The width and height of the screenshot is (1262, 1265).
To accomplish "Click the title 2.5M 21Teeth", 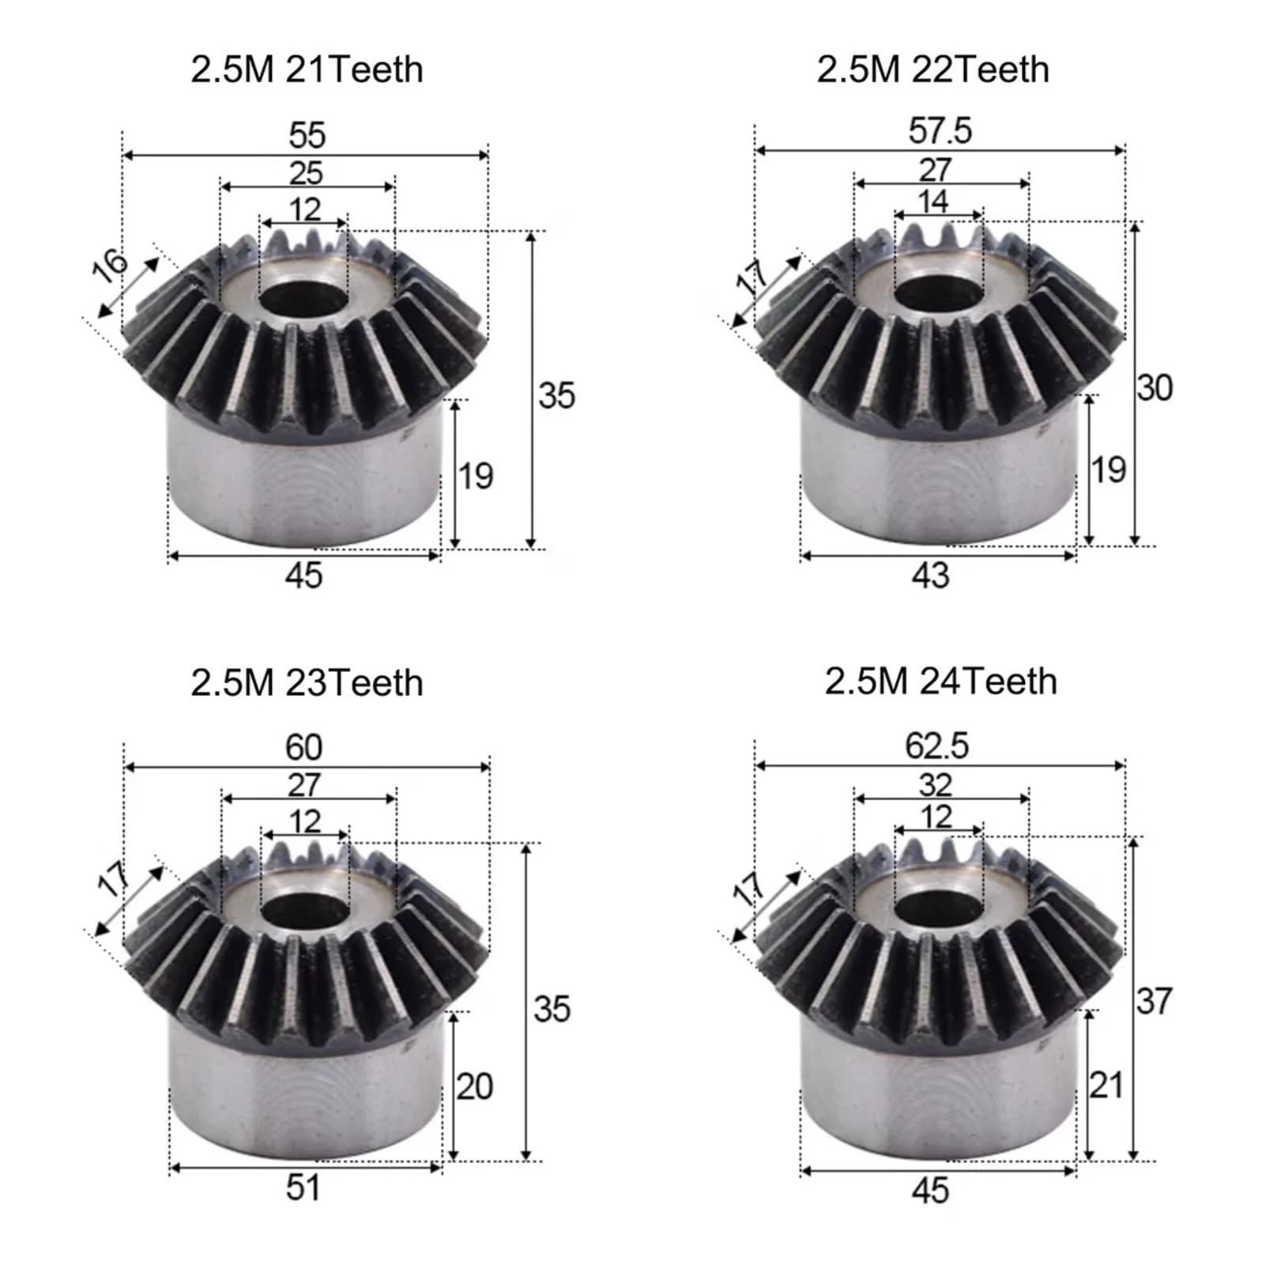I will (307, 70).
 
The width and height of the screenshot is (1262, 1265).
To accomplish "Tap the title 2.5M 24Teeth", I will (940, 682).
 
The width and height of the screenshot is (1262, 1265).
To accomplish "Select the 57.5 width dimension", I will (940, 130).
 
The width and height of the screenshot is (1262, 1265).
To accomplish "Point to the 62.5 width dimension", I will (937, 746).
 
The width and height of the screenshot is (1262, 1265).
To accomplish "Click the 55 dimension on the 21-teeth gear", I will (307, 135).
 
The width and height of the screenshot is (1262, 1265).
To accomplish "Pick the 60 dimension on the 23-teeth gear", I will (304, 747).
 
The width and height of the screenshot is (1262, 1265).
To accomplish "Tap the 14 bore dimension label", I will (933, 201).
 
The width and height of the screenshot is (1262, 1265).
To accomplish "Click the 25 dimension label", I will (306, 172).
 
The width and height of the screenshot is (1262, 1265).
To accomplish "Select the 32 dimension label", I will (936, 785).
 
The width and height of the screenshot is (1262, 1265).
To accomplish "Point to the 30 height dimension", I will (1155, 389).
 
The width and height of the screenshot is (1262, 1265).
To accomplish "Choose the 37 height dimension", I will (1154, 1001).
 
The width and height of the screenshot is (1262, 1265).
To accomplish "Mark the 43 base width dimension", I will (930, 576).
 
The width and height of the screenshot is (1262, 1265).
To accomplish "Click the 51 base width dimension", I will (303, 1188).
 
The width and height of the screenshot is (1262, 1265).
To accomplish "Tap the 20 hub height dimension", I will (474, 1086).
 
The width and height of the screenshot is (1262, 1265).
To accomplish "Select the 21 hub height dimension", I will (1106, 1086).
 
